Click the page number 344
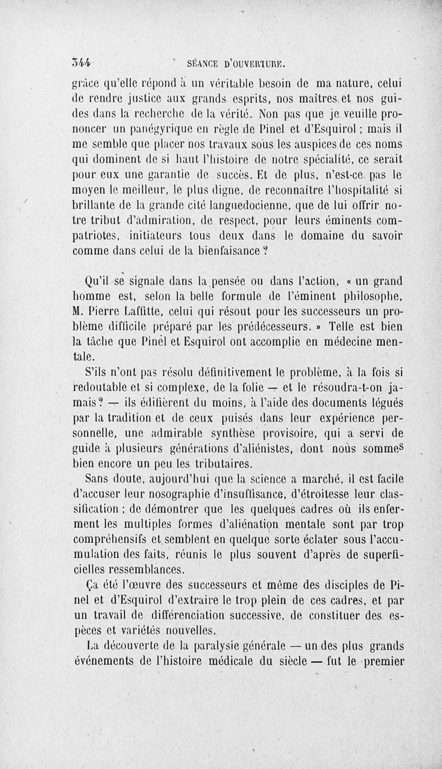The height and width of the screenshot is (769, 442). pyautogui.click(x=83, y=62)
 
